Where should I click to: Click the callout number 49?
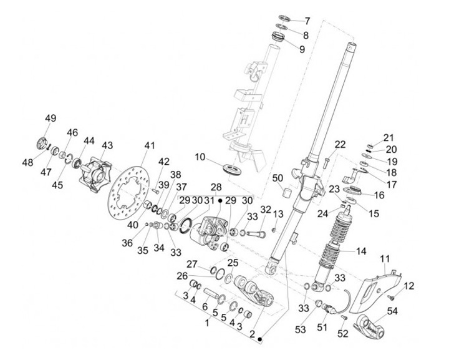pyautogui.click(x=51, y=119)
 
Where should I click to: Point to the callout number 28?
pyautogui.click(x=216, y=187)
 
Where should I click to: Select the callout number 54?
pyautogui.click(x=392, y=311)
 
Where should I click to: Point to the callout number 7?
pyautogui.click(x=307, y=21)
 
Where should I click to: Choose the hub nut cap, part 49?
pyautogui.click(x=42, y=143)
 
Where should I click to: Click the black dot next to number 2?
pyautogui.click(x=260, y=339)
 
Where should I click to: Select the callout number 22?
pyautogui.click(x=340, y=144)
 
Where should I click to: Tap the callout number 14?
pyautogui.click(x=361, y=251)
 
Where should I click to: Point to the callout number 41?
pyautogui.click(x=149, y=145)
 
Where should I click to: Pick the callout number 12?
pyautogui.click(x=409, y=286)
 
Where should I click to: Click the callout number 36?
pyautogui.click(x=127, y=243)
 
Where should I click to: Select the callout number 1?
pyautogui.click(x=207, y=323)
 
